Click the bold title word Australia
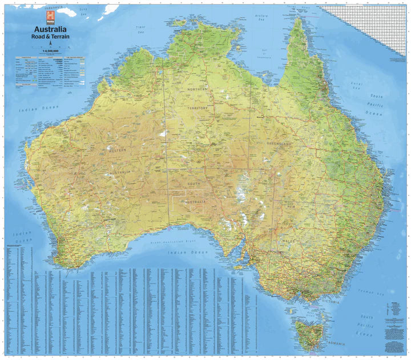point(51,29)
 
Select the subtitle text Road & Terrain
point(51,36)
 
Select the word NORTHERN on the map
point(195,90)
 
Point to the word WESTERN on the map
point(117,150)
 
